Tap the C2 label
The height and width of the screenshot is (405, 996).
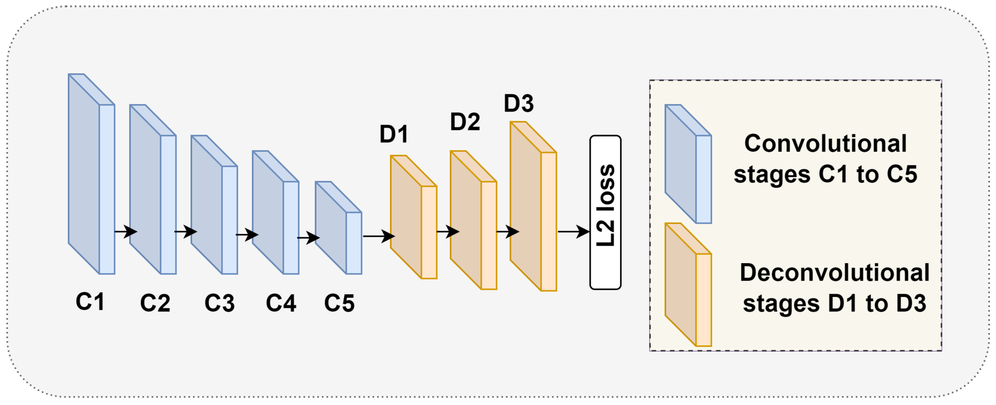pos(155,303)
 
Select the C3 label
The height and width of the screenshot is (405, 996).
pos(219,303)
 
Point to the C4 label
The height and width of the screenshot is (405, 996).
pos(281,303)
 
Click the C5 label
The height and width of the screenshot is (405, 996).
pos(339,303)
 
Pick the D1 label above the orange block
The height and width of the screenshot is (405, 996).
pos(394,134)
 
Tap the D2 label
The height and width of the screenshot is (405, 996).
pos(465,122)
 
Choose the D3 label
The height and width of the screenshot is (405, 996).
pos(519,103)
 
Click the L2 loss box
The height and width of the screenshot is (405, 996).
pos(605,212)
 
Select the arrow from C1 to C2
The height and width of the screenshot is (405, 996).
pos(126,232)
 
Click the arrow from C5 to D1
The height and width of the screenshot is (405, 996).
pos(379,236)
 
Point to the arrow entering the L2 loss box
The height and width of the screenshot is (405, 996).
pos(574,232)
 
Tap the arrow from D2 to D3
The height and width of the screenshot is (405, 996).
pos(507,232)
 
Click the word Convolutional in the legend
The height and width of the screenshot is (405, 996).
pos(825,144)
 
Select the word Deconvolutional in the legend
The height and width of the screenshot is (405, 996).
pos(834,273)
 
